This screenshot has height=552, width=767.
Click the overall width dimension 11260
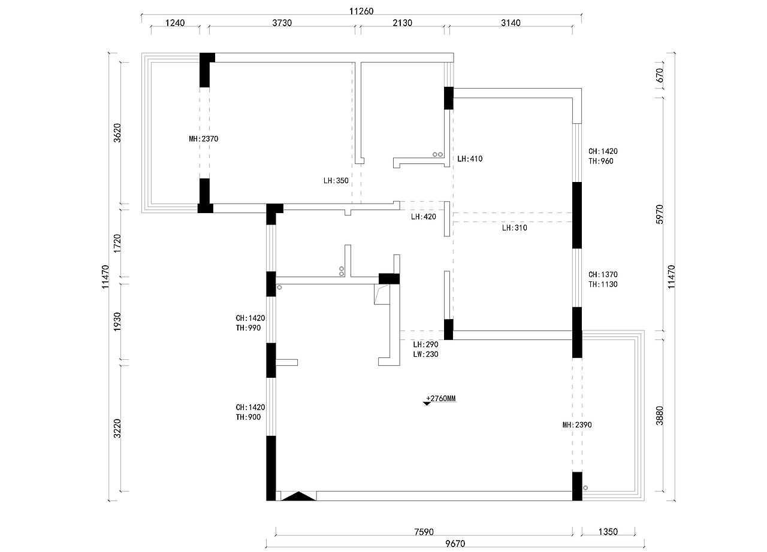coord(361,11)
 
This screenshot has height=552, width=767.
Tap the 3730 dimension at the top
coord(282,23)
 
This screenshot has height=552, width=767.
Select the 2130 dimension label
coord(402,23)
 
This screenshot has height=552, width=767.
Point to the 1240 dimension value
coord(175,23)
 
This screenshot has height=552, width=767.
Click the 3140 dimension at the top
coord(511,23)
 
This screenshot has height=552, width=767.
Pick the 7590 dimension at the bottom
coord(424,532)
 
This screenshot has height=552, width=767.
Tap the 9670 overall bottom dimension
coord(455,544)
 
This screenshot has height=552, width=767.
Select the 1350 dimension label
coord(608,532)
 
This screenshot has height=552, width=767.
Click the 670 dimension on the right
coord(660,75)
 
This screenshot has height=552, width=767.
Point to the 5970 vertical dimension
coord(660,214)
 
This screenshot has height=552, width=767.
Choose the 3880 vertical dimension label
coord(660,416)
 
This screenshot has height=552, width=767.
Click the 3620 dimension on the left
coord(117,133)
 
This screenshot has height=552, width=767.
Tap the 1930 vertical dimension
coord(117,322)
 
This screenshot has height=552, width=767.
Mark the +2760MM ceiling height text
coord(441,399)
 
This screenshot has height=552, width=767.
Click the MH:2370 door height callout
coord(203,139)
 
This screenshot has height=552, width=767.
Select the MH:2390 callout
coord(577,424)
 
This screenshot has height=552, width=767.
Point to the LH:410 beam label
coord(470,159)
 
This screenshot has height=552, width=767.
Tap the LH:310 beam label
coord(515,228)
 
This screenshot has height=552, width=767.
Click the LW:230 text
coord(425,354)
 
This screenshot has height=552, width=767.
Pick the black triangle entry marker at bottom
coord(298,497)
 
